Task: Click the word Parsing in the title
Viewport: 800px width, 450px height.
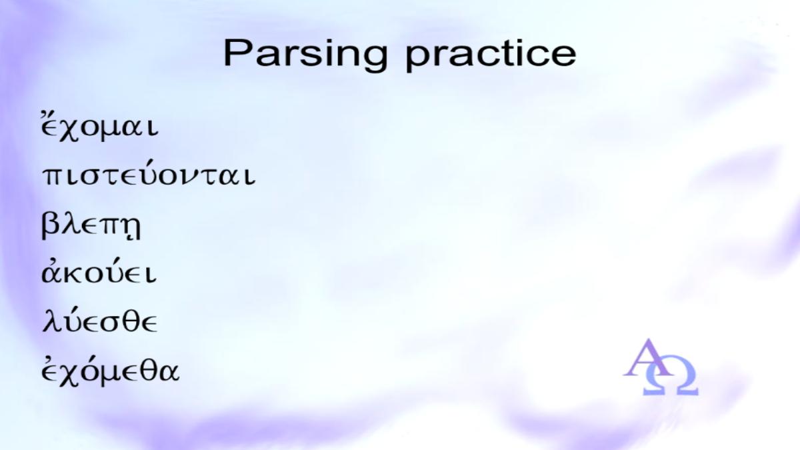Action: coord(305,55)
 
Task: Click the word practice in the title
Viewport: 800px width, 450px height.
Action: coord(491,55)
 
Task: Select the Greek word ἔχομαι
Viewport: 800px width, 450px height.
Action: coord(99,126)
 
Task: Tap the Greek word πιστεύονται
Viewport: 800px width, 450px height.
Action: coord(149,174)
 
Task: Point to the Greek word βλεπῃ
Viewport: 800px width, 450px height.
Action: coord(91,226)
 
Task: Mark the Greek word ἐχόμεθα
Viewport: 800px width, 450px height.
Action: coord(110,371)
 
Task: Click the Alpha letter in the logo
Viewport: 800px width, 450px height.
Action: coord(647,358)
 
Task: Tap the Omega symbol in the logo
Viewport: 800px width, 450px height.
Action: coord(671,379)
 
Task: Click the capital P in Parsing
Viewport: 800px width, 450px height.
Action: coord(238,53)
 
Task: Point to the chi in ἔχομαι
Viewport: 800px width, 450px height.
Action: coord(68,131)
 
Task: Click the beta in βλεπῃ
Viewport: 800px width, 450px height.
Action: coord(50,226)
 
